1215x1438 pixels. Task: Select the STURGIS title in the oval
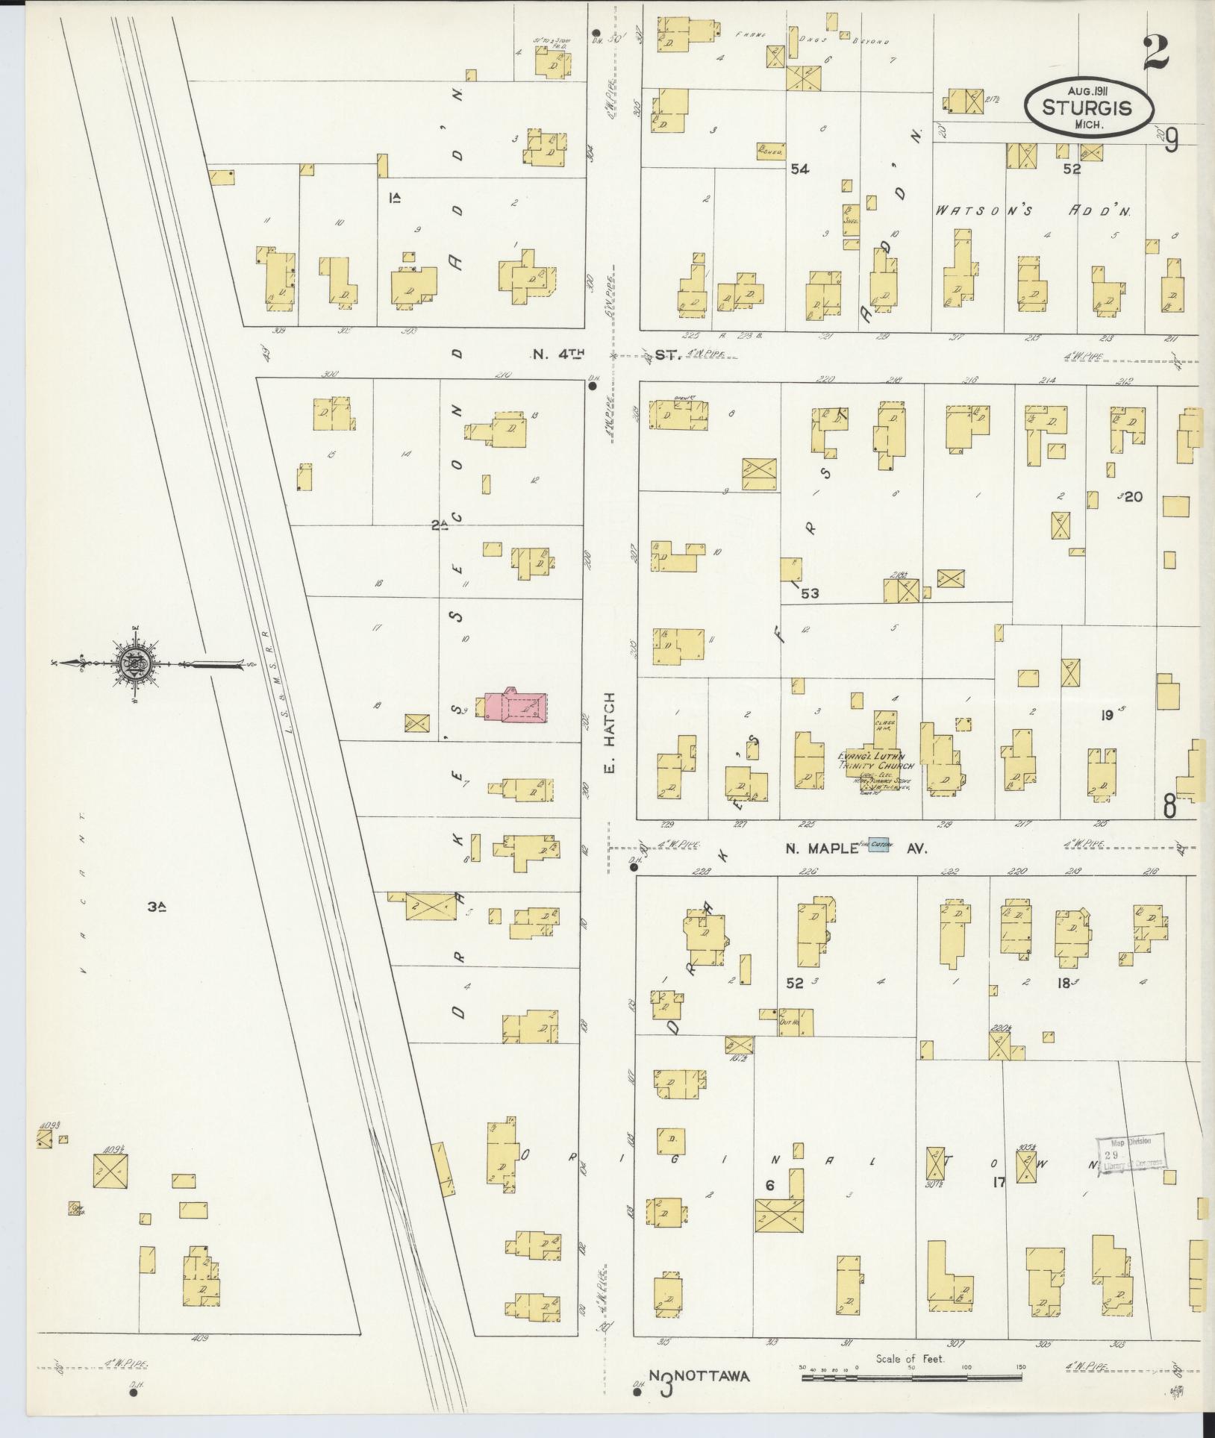[1090, 107]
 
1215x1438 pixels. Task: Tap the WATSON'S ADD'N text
[1034, 211]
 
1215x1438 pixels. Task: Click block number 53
[810, 593]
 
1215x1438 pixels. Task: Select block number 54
[800, 170]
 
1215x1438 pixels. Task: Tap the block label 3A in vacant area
[156, 907]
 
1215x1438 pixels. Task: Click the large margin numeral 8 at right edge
[1169, 807]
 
